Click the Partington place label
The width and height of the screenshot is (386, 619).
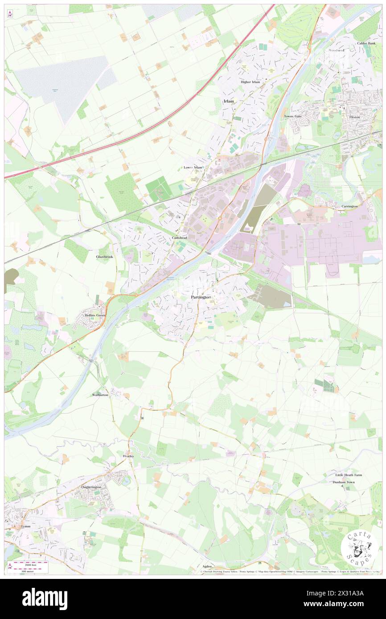201,297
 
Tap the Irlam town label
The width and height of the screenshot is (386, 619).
228,102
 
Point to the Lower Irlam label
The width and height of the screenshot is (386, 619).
193,167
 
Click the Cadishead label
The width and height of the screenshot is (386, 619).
180,238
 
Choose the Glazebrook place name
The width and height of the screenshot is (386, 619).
104,257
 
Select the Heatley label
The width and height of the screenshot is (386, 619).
128,456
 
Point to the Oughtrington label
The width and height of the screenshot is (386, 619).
92,487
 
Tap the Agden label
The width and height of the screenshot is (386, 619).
207,566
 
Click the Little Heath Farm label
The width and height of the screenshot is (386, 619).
349,475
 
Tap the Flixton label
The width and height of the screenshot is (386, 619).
355,117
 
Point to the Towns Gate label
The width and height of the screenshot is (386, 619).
293,116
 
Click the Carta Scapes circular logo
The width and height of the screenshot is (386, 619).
359,548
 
